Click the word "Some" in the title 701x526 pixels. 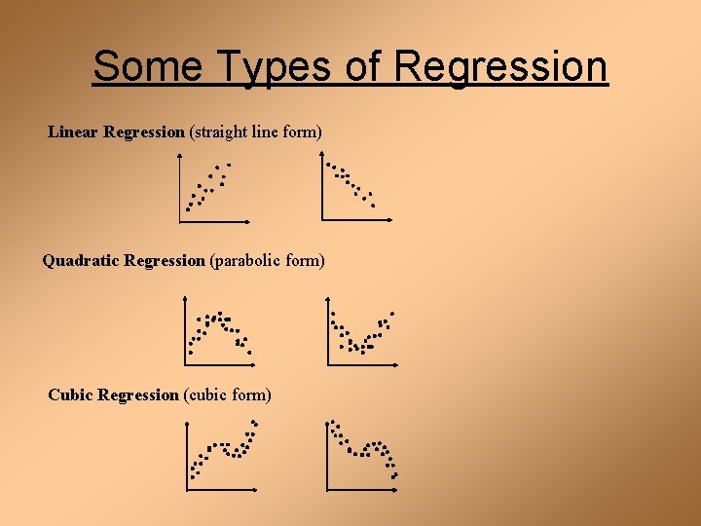pyautogui.click(x=146, y=66)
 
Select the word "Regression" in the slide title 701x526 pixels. pyautogui.click(x=500, y=66)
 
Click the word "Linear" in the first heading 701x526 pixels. pyautogui.click(x=74, y=131)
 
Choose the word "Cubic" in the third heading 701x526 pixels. pyautogui.click(x=71, y=394)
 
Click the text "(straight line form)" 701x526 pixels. pyautogui.click(x=255, y=131)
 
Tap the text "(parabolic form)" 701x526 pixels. pyautogui.click(x=267, y=260)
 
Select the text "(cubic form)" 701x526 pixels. pyautogui.click(x=227, y=394)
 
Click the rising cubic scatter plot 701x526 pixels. pyautogui.click(x=223, y=455)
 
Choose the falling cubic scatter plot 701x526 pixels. pyautogui.click(x=362, y=455)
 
